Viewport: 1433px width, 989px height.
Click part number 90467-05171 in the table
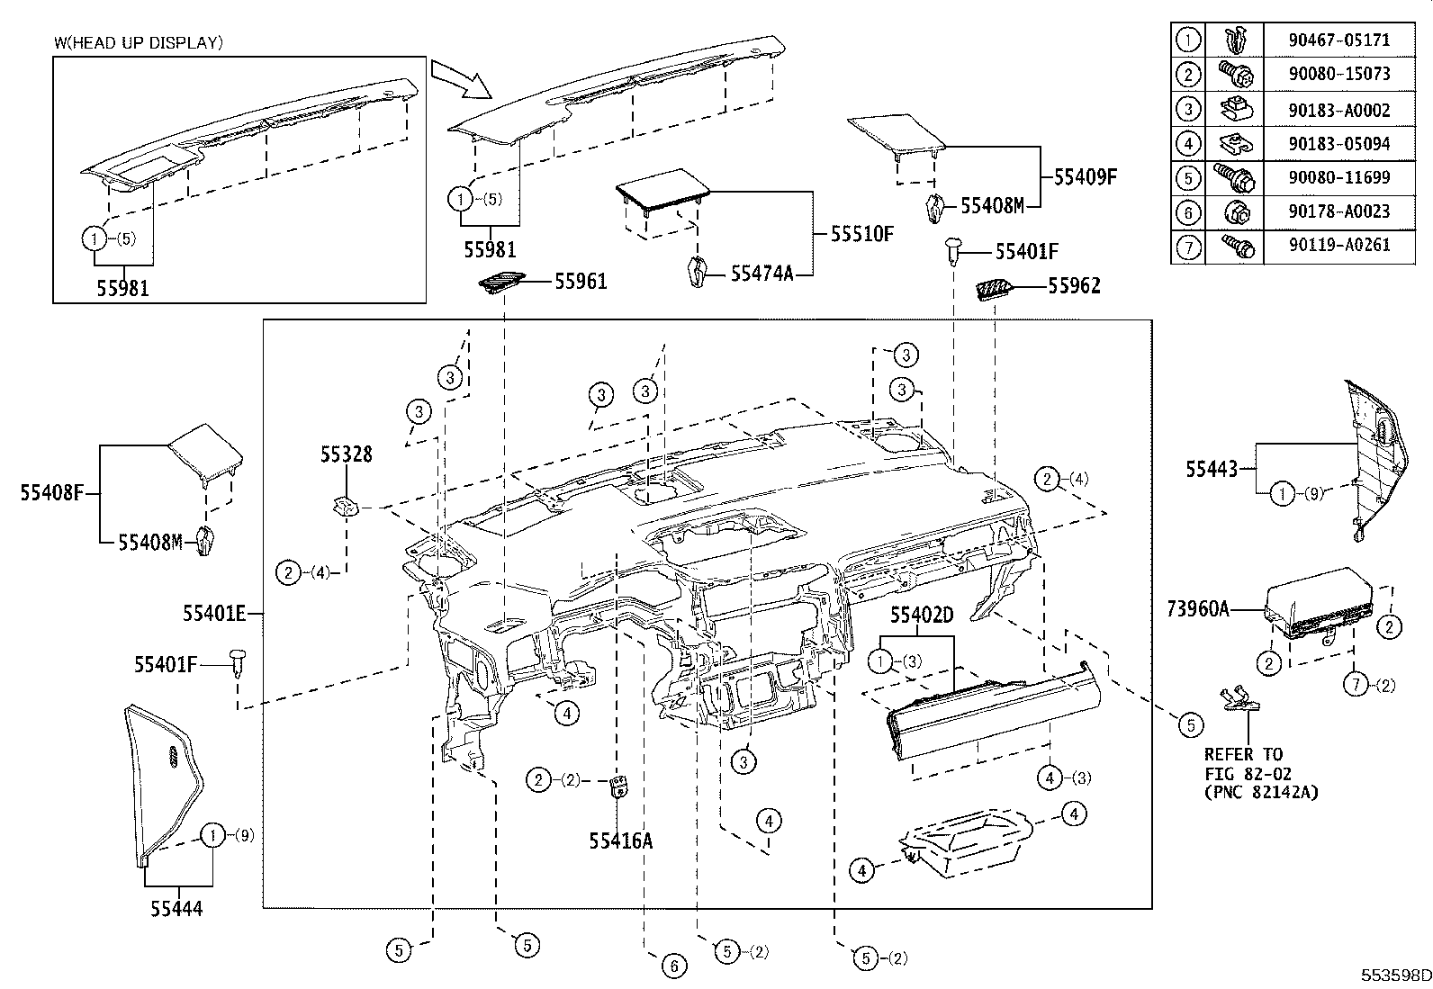coord(1338,40)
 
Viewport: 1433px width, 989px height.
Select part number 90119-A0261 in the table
coord(1338,246)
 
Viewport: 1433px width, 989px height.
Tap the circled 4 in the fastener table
coord(1189,143)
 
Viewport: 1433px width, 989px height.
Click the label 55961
coord(581,282)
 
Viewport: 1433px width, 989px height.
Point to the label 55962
coord(1074,287)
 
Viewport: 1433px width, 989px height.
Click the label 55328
coord(346,455)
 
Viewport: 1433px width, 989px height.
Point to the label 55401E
coord(214,614)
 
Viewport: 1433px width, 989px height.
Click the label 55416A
coord(620,841)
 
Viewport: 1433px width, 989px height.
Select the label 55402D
coord(922,616)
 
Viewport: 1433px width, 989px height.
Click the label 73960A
coord(1197,609)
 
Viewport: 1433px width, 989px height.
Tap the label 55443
coord(1211,469)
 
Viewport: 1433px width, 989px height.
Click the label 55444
coord(176,909)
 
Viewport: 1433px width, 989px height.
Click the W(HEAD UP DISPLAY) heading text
coord(139,41)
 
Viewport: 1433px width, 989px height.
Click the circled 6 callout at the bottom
coord(673,967)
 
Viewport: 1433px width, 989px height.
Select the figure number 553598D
coord(1394,975)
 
